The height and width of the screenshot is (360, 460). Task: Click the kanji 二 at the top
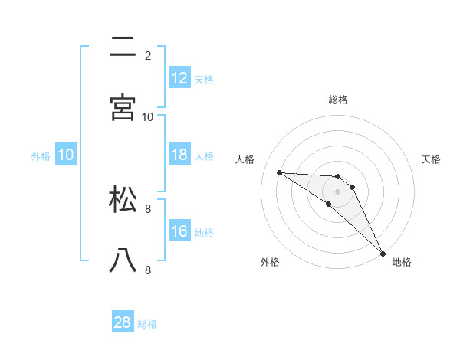pyautogui.click(x=123, y=47)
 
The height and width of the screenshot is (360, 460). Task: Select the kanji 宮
pyautogui.click(x=123, y=107)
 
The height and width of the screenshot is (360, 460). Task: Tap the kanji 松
pyautogui.click(x=123, y=200)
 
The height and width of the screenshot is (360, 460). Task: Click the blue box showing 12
pyautogui.click(x=179, y=77)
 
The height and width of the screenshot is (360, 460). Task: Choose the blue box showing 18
pyautogui.click(x=179, y=155)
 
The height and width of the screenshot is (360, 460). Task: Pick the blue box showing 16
pyautogui.click(x=179, y=231)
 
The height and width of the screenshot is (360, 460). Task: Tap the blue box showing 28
pyautogui.click(x=123, y=322)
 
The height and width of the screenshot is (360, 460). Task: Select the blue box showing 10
pyautogui.click(x=66, y=155)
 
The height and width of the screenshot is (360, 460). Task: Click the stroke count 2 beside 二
pyautogui.click(x=147, y=55)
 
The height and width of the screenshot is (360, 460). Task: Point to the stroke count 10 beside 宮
pyautogui.click(x=148, y=116)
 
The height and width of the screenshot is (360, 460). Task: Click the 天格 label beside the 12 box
pyautogui.click(x=203, y=79)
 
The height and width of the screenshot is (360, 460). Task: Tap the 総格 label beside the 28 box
pyautogui.click(x=147, y=324)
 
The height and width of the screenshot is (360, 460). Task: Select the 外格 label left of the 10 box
pyautogui.click(x=41, y=155)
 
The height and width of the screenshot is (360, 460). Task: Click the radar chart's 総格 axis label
pyautogui.click(x=338, y=100)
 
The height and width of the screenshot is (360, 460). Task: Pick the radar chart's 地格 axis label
pyautogui.click(x=402, y=262)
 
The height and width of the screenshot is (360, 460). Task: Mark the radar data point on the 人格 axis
pyautogui.click(x=279, y=172)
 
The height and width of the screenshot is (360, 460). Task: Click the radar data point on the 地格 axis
pyautogui.click(x=383, y=253)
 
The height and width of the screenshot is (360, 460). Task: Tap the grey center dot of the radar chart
pyautogui.click(x=338, y=191)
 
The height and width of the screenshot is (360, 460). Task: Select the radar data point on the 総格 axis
pyautogui.click(x=338, y=177)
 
